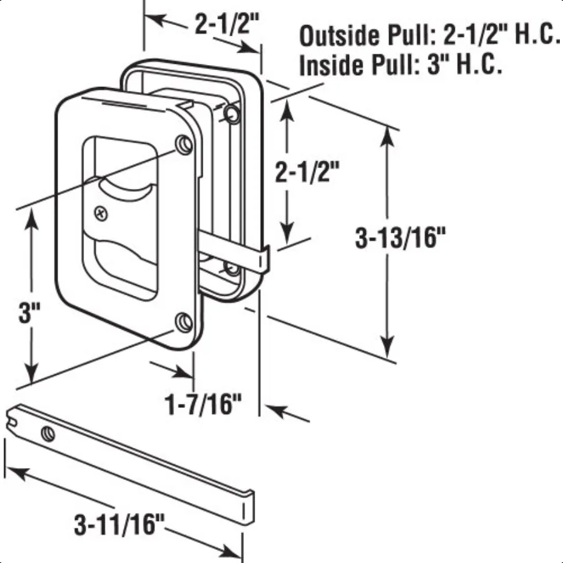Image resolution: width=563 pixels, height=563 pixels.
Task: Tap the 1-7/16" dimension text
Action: pyautogui.click(x=203, y=405)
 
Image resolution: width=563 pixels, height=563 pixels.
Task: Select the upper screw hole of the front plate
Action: pyautogui.click(x=184, y=143)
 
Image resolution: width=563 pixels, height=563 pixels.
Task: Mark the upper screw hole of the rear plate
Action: pyautogui.click(x=231, y=114)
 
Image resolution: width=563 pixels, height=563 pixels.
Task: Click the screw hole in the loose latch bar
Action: pyautogui.click(x=48, y=432)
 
